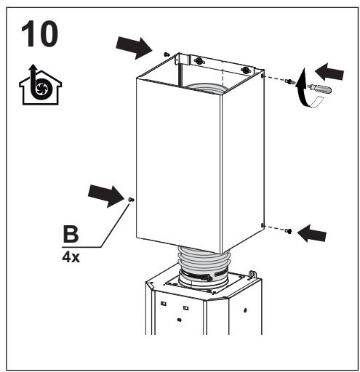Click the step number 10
pyautogui.click(x=39, y=34)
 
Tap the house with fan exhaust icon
pyautogui.click(x=40, y=85)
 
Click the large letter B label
pyautogui.click(x=71, y=234)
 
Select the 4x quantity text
pyautogui.click(x=71, y=257)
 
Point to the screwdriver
pyautogui.click(x=319, y=89)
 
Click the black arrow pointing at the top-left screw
pyautogui.click(x=134, y=48)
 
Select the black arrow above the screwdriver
pyautogui.click(x=329, y=72)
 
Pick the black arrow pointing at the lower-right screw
pyautogui.click(x=312, y=233)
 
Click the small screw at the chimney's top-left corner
pyautogui.click(x=167, y=54)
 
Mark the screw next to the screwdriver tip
pyautogui.click(x=289, y=81)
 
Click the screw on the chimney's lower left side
pyautogui.click(x=131, y=200)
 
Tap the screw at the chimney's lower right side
pyautogui.click(x=289, y=231)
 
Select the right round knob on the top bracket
pyautogui.click(x=245, y=70)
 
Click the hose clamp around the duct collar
pyautogui.click(x=204, y=276)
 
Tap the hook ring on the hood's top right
pyautogui.click(x=252, y=275)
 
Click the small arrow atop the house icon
pyautogui.click(x=33, y=68)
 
